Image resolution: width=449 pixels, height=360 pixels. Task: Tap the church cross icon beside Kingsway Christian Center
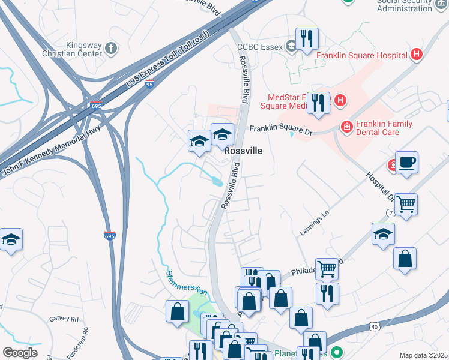[110, 48]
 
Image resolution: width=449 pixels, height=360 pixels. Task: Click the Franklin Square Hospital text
[363, 55]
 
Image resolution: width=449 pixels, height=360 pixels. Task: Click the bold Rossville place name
[243, 152]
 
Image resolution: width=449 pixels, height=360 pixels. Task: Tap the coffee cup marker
[406, 163]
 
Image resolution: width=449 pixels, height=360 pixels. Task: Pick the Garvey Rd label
[64, 319]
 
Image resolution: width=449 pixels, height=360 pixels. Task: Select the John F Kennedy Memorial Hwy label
[51, 146]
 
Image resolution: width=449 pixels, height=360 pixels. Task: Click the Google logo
[20, 352]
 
